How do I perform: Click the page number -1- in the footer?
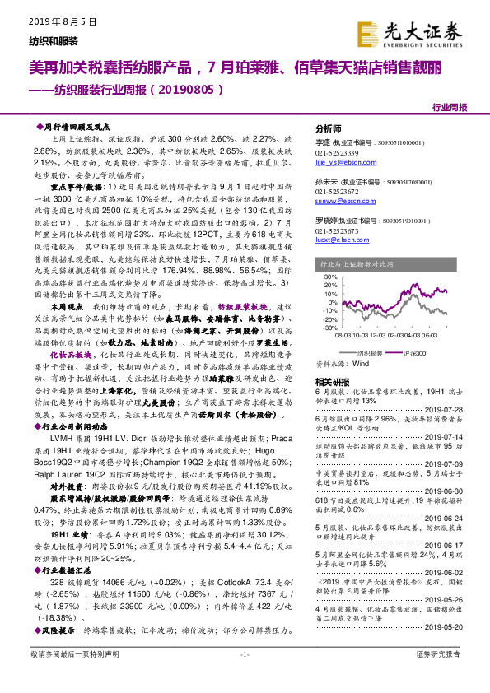[x=245, y=677]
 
